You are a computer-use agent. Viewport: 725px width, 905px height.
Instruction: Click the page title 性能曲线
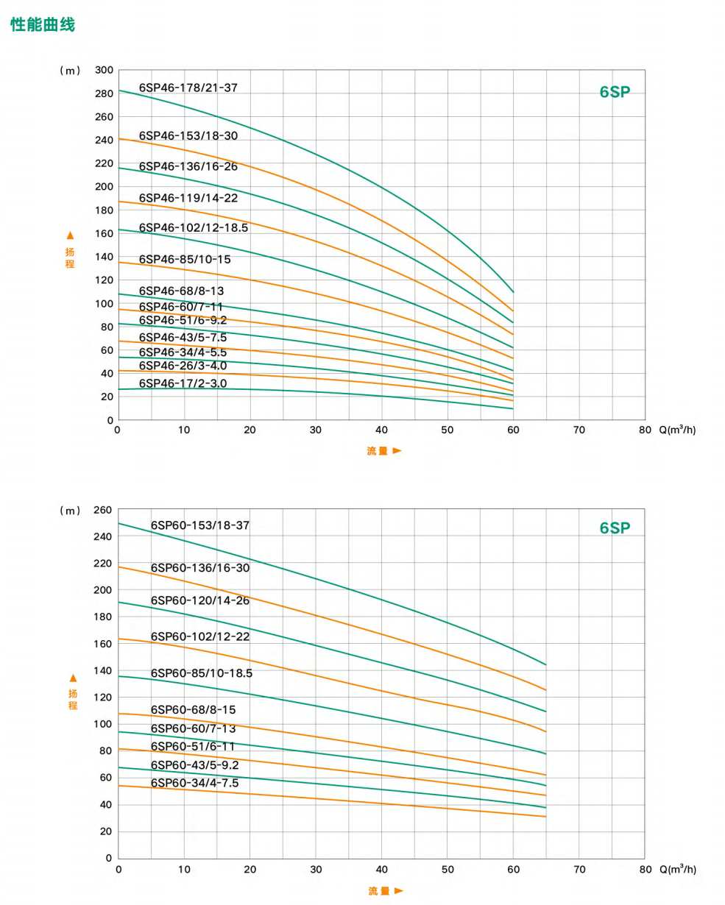click(43, 25)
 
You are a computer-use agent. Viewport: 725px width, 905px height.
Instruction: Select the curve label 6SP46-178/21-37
click(188, 87)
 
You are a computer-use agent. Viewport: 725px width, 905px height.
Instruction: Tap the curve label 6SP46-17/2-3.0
click(183, 383)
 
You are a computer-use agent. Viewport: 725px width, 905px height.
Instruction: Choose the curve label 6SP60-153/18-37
click(200, 525)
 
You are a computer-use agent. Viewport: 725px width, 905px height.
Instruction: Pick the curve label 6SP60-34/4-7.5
click(194, 783)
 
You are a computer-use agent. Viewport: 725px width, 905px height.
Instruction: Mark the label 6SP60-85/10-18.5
click(202, 672)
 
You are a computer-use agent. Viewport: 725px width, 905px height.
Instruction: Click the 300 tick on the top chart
click(104, 70)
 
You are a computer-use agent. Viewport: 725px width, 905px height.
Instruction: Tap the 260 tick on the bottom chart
click(104, 510)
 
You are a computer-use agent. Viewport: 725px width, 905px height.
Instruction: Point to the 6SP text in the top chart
click(615, 92)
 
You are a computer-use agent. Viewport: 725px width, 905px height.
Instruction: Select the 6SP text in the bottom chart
click(615, 528)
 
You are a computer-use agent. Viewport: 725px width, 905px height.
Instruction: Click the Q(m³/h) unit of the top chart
click(677, 430)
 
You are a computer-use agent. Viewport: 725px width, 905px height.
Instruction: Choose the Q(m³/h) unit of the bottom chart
click(677, 869)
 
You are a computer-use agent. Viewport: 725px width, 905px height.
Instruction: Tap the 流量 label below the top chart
click(378, 451)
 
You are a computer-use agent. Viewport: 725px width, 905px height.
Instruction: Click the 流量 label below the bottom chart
click(378, 891)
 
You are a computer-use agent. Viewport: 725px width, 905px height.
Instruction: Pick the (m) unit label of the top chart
click(70, 71)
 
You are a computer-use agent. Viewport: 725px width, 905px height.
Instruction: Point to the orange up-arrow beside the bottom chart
click(73, 678)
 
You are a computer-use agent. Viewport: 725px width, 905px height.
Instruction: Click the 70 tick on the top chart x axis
click(579, 430)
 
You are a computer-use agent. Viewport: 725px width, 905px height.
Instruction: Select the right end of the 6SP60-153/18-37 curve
click(545, 664)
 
